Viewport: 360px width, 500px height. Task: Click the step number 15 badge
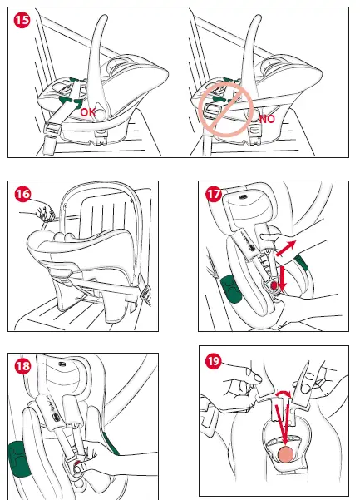(x=22, y=20)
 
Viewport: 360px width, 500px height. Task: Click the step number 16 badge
(x=22, y=194)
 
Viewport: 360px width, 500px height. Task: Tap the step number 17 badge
(x=214, y=194)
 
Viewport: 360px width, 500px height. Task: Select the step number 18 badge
(x=22, y=366)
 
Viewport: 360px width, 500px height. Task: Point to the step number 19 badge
(x=214, y=361)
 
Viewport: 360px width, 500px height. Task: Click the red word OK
(x=87, y=112)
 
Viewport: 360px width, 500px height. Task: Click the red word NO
(x=267, y=119)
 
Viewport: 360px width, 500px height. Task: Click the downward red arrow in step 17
(x=282, y=280)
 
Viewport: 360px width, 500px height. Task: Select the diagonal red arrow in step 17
(x=286, y=248)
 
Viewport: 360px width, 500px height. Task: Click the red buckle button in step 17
(x=274, y=285)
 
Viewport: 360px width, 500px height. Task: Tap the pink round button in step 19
(x=286, y=454)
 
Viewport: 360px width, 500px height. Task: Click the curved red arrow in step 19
(x=284, y=393)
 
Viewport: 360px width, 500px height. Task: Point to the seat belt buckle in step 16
(x=145, y=292)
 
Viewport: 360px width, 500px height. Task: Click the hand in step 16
(x=46, y=213)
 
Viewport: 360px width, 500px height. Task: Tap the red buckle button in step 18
(x=77, y=466)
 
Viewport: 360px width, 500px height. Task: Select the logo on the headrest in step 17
(x=244, y=196)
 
